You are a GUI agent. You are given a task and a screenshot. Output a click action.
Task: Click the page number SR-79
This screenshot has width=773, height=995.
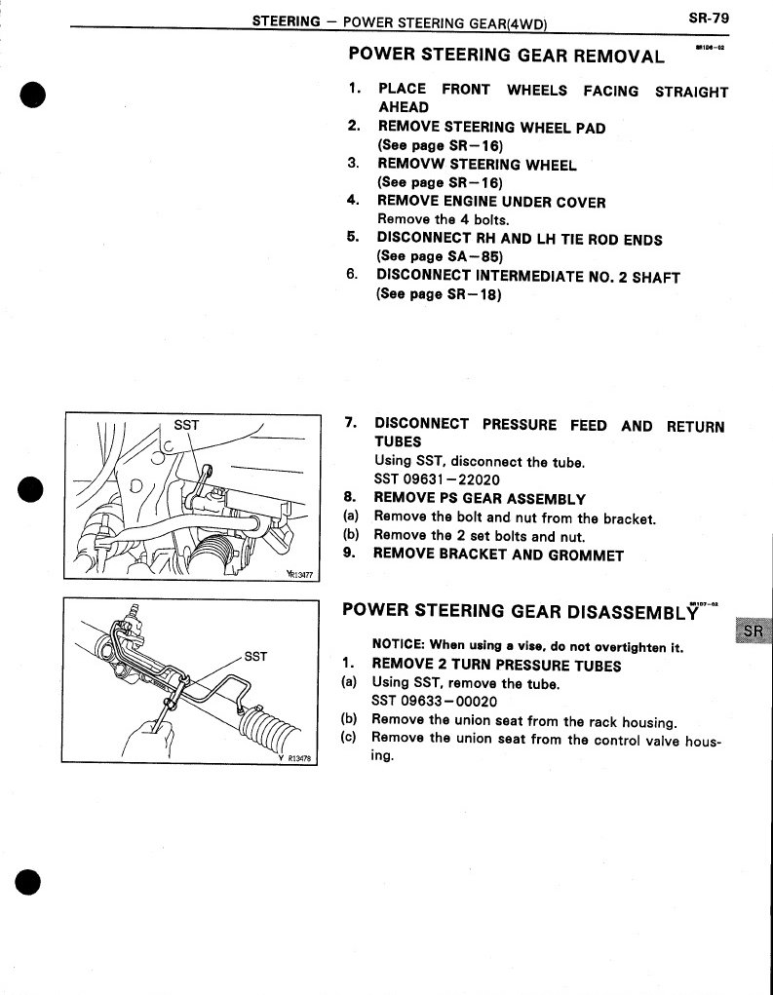point(709,17)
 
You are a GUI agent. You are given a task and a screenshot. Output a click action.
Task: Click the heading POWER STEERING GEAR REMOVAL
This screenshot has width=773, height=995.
point(507,55)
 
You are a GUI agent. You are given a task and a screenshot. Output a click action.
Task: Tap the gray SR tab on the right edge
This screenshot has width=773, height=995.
point(753,631)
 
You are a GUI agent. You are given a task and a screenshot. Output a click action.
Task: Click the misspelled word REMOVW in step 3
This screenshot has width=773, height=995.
point(409,165)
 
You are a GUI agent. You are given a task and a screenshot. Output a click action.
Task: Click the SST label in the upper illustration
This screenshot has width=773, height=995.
point(186,425)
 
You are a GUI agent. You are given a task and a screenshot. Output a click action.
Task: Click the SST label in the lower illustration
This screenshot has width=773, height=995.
point(254,656)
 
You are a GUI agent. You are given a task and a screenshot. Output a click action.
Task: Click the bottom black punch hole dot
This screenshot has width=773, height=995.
point(32,879)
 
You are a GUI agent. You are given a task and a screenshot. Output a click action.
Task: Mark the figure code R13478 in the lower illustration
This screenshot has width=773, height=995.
point(291,763)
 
